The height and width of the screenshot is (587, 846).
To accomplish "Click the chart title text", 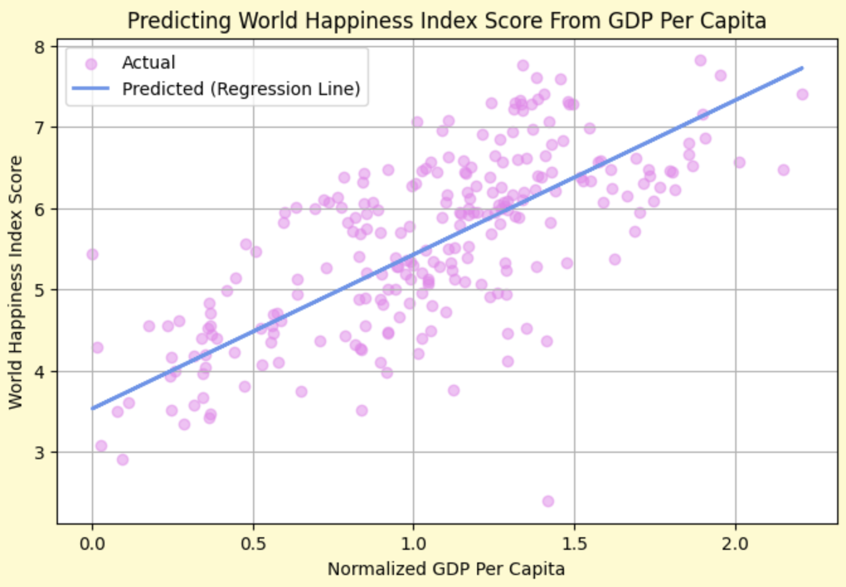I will pos(446,20).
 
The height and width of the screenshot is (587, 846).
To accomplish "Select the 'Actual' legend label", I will pos(149,63).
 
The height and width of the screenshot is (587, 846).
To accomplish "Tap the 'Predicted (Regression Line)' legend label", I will pos(241,89).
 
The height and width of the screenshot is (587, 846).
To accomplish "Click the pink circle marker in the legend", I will pos(91,64).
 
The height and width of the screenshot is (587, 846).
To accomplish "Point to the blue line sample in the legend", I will pos(91,89).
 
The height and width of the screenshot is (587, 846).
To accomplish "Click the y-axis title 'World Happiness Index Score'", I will pos(16,282).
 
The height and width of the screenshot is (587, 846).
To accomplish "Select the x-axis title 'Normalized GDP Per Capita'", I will pos(446,569).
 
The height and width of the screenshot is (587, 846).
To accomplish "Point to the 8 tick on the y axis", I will pos(42,47).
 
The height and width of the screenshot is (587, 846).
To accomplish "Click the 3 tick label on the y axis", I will pos(42,453).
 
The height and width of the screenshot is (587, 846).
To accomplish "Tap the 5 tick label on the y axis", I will pos(42,290).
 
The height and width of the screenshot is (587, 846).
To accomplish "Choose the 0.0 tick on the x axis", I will pos(93,542).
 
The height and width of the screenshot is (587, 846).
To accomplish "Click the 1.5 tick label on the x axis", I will pos(574,542).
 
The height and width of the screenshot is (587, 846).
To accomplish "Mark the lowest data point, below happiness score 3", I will pos(548,501).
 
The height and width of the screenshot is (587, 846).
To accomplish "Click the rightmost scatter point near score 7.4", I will pos(802,94).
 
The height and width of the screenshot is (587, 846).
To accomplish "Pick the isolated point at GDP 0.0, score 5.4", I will pos(93,254).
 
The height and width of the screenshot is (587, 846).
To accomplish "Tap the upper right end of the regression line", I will pos(802,67).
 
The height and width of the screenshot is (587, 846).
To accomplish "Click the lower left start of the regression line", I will pos(93,408).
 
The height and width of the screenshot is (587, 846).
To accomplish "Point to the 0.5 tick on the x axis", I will pos(253,542).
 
